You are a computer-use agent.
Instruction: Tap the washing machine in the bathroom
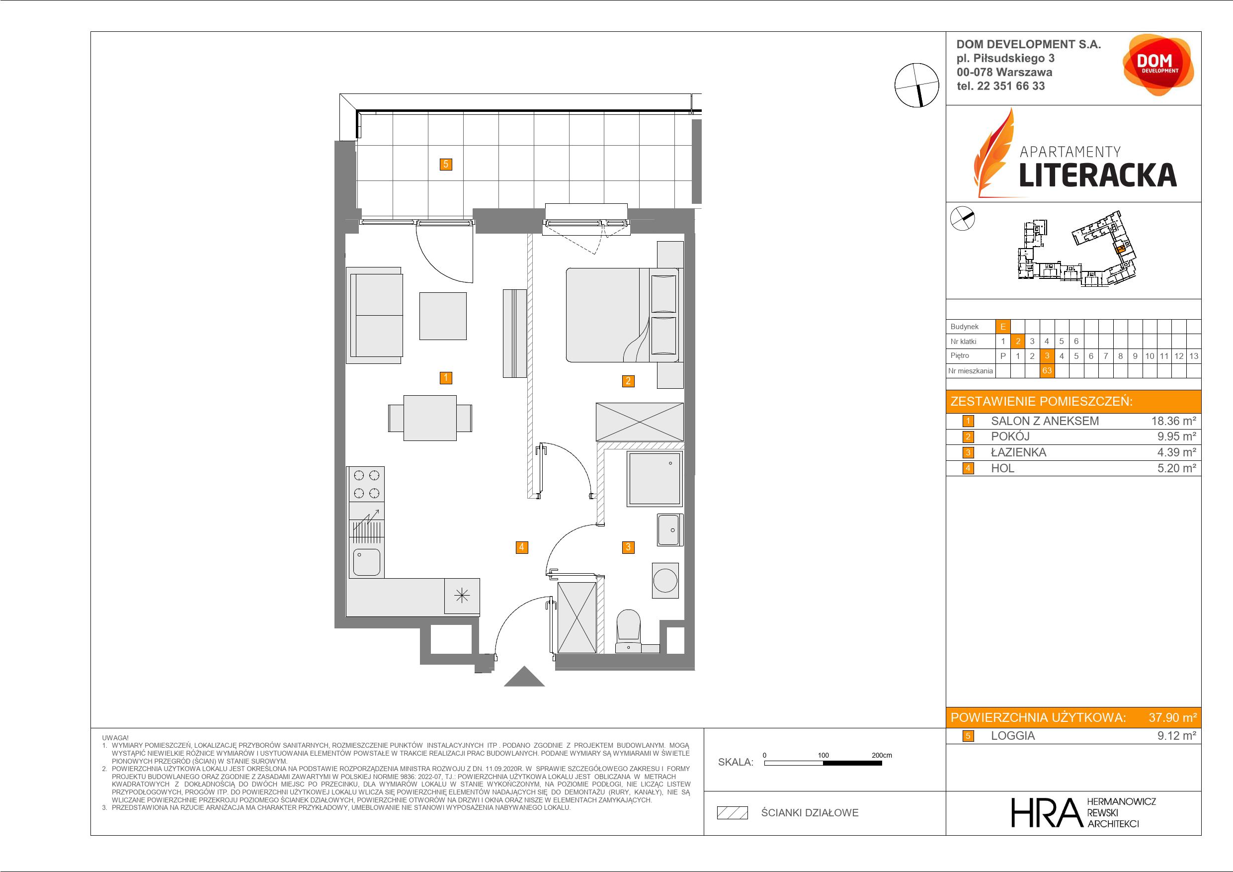pyautogui.click(x=665, y=581)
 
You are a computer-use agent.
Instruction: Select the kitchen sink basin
pyautogui.click(x=367, y=562)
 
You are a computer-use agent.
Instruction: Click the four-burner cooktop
pyautogui.click(x=367, y=484)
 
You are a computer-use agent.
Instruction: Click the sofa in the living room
pyautogui.click(x=374, y=315)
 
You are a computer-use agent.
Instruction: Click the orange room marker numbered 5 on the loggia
pyautogui.click(x=445, y=165)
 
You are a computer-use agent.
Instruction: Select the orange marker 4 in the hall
pyautogui.click(x=521, y=547)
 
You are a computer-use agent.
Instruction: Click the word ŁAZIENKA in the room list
pyautogui.click(x=1018, y=452)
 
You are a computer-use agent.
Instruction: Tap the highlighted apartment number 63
pyautogui.click(x=1047, y=371)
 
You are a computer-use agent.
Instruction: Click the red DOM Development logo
pyautogui.click(x=1158, y=65)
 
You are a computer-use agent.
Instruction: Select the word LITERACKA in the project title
pyautogui.click(x=1098, y=175)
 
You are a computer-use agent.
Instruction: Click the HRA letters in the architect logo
pyautogui.click(x=1046, y=812)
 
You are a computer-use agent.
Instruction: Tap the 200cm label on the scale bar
pyautogui.click(x=881, y=755)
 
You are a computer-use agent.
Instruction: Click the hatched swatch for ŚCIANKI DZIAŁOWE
pyautogui.click(x=733, y=813)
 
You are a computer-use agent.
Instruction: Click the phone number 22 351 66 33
pyautogui.click(x=1011, y=86)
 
